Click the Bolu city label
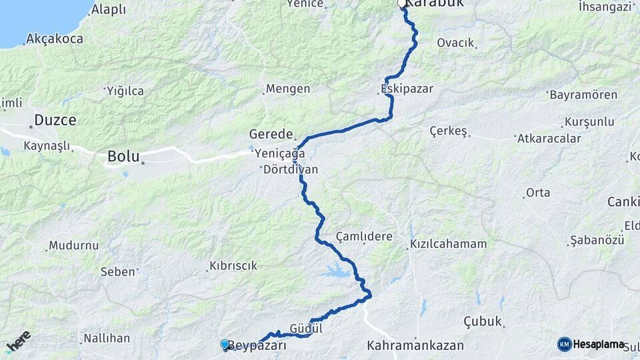click(x=123, y=158)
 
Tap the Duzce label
click(x=55, y=121)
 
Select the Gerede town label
click(x=271, y=133)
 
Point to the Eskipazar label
click(x=407, y=89)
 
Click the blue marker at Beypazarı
click(x=225, y=344)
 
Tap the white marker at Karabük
click(x=402, y=4)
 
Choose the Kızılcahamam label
click(x=448, y=244)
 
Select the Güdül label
click(x=307, y=329)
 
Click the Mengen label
click(x=288, y=89)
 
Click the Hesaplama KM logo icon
click(x=565, y=344)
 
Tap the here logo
click(x=18, y=342)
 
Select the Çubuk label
click(x=482, y=321)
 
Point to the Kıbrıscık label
click(x=233, y=265)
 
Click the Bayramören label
click(x=583, y=95)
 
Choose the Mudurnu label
click(x=73, y=245)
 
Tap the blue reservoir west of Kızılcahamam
click(x=335, y=271)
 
